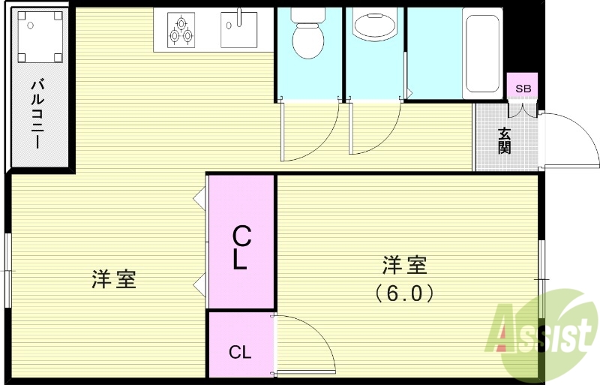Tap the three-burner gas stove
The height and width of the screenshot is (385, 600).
tap(180, 29)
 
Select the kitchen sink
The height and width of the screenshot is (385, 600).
tap(238, 29)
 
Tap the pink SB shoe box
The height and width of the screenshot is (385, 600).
tap(523, 88)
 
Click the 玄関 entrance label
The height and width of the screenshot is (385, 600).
tap(505, 140)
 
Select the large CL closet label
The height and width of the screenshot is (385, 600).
tap(241, 248)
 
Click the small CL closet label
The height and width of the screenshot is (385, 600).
tap(240, 351)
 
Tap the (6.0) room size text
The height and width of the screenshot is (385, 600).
tap(404, 293)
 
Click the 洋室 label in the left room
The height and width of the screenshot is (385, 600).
tap(113, 280)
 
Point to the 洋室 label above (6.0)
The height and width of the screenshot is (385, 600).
tap(404, 265)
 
